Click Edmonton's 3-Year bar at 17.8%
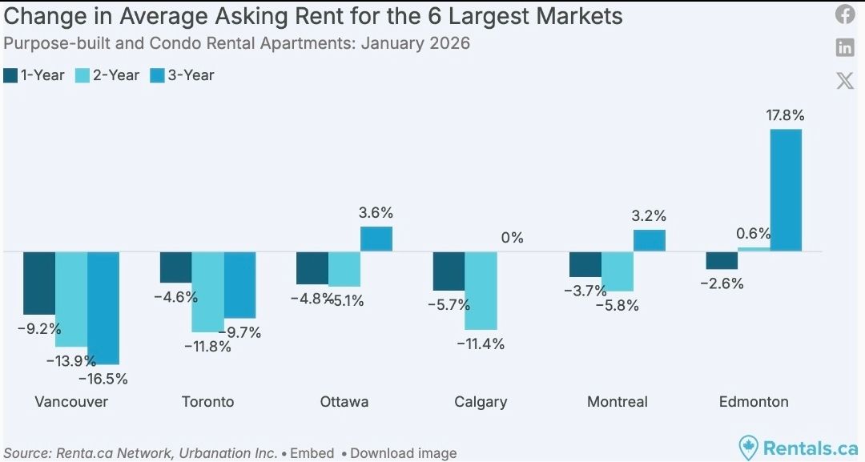pyautogui.click(x=785, y=190)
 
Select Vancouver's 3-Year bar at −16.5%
pyautogui.click(x=103, y=307)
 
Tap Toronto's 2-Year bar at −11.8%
pyautogui.click(x=207, y=291)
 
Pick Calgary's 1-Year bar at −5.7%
pyautogui.click(x=449, y=271)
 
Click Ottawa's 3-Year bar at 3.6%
pyautogui.click(x=376, y=239)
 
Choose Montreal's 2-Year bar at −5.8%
pyautogui.click(x=618, y=271)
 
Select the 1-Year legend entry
pyautogui.click(x=34, y=75)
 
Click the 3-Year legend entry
pyautogui.click(x=182, y=75)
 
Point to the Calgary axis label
pyautogui.click(x=481, y=401)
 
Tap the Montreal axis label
pyautogui.click(x=617, y=401)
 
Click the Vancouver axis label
pyautogui.click(x=71, y=401)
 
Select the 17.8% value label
pyautogui.click(x=785, y=115)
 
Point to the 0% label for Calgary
pyautogui.click(x=512, y=238)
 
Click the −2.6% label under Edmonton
pyautogui.click(x=721, y=283)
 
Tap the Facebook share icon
pyautogui.click(x=845, y=14)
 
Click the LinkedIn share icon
pyautogui.click(x=845, y=47)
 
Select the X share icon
pyautogui.click(x=845, y=80)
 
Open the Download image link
pyautogui.click(x=403, y=453)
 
